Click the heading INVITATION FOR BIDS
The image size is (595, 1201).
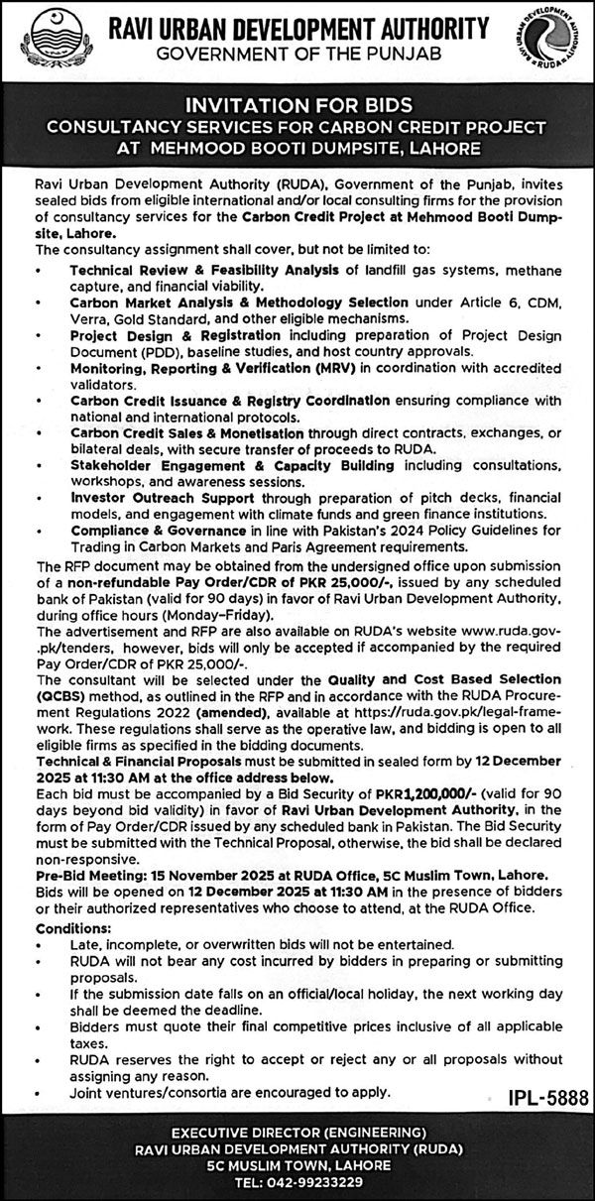coord(297,104)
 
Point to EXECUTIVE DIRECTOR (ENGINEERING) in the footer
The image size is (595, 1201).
coord(297,1132)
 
